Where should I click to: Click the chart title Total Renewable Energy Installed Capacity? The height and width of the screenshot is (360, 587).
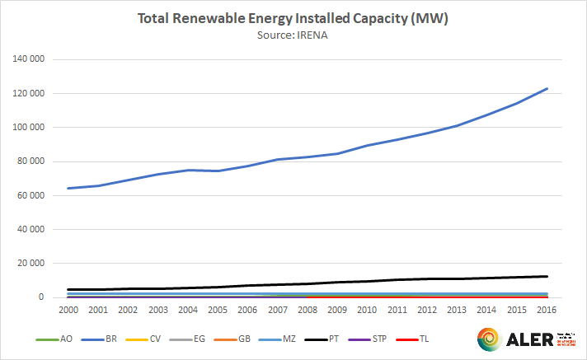click(293, 20)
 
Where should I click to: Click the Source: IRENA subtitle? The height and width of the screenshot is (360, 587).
click(293, 37)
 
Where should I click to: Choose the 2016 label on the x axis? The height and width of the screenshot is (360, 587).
click(543, 311)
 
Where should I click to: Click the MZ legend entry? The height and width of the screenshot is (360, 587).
click(282, 339)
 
